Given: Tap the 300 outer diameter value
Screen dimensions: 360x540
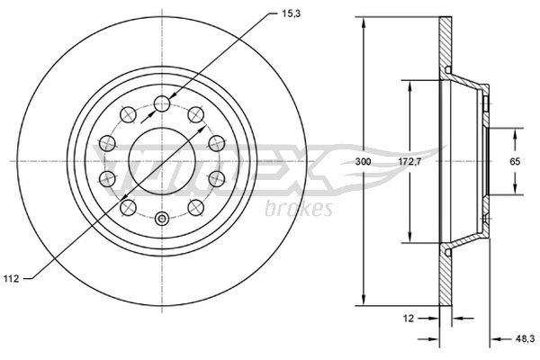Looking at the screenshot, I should point(363,161).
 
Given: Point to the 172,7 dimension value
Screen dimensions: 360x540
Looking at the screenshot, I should point(410,161).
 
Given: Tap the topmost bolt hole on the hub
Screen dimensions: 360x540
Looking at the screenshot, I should point(162,103).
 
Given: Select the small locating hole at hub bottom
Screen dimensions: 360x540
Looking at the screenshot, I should point(162,219).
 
